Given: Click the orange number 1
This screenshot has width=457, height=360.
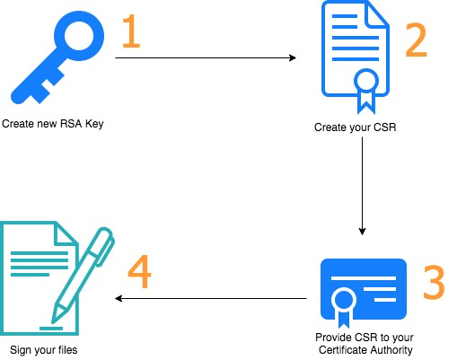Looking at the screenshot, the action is [x=131, y=31].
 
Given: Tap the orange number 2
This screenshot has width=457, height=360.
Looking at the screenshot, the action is [x=416, y=40].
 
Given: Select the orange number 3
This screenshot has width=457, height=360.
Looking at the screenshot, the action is [x=434, y=283].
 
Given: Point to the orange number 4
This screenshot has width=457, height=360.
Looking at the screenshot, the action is [x=139, y=271].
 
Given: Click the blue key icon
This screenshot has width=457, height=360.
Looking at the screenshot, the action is [x=57, y=57].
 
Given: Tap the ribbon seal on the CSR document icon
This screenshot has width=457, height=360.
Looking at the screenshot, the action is [x=366, y=90].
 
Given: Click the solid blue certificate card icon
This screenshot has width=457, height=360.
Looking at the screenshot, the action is [x=364, y=289].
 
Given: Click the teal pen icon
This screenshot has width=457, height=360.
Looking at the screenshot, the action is [x=83, y=276].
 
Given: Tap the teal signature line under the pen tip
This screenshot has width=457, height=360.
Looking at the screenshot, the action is [x=51, y=329].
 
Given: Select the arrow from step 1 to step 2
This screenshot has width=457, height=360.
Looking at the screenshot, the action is [x=206, y=57].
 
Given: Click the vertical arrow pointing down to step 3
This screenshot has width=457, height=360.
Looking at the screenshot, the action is [x=362, y=186].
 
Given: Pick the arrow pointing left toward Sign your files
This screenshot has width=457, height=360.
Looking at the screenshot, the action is [x=211, y=298].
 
